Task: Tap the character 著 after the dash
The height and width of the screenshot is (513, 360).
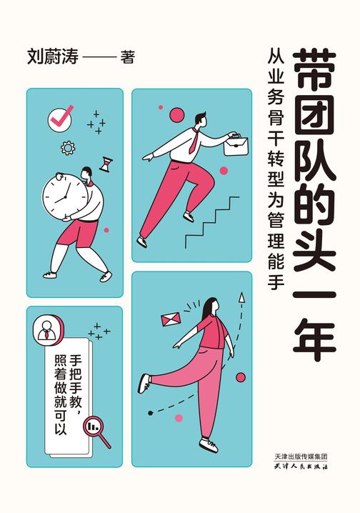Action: pyautogui.click(x=128, y=58)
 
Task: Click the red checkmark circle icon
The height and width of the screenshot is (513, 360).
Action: pyautogui.click(x=61, y=117)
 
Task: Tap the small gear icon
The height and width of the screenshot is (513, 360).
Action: pyautogui.click(x=69, y=148)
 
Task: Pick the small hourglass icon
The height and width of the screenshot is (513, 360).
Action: pyautogui.click(x=106, y=164)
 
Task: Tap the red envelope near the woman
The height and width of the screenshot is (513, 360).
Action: pyautogui.click(x=171, y=317)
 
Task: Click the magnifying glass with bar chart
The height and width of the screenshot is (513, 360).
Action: pyautogui.click(x=96, y=429)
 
